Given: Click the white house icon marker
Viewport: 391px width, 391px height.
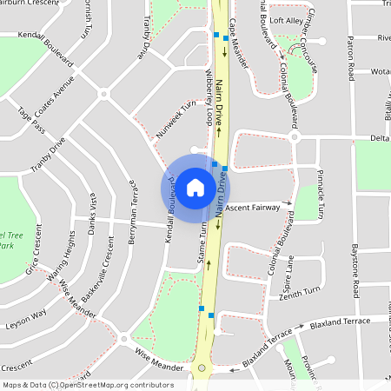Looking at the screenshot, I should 195,187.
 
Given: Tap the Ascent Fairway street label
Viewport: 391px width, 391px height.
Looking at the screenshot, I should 252,209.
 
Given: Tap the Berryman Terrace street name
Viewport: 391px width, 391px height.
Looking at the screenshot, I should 133,211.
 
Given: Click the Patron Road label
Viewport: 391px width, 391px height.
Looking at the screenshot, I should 350,56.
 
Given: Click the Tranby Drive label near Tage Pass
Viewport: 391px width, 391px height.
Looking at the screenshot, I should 49,157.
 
